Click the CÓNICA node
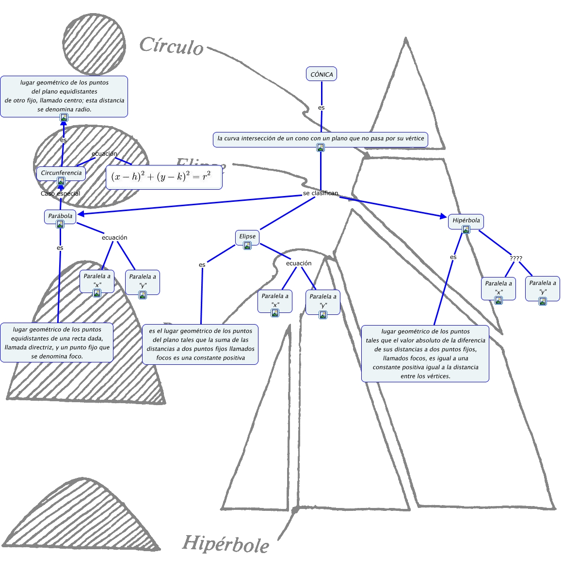point(322,74)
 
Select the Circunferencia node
point(61,173)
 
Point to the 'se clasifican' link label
point(321,193)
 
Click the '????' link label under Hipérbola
point(516,258)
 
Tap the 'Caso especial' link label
point(60,194)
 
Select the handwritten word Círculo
point(171,46)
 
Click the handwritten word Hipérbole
point(225,543)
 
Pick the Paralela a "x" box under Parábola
point(97,280)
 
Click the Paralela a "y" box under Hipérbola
point(543,287)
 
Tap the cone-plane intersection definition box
point(320,139)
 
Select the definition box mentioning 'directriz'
point(57,343)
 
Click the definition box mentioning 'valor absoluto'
point(425,353)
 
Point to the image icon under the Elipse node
point(247,245)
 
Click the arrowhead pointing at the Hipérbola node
point(443,216)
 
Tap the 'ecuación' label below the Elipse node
point(299,263)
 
